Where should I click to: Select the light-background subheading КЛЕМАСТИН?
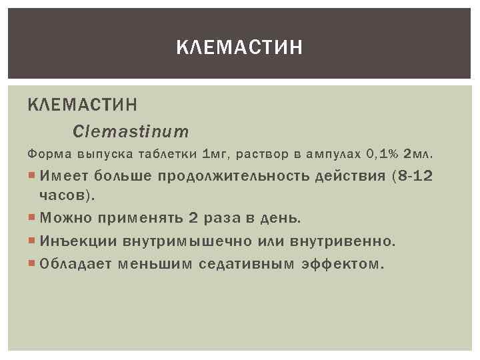(x=83, y=104)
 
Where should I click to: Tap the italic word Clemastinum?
(x=131, y=131)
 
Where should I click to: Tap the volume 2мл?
(x=418, y=154)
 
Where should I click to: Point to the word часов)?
(x=67, y=196)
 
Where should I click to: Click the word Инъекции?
(x=72, y=240)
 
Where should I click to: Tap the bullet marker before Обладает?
(x=33, y=263)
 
